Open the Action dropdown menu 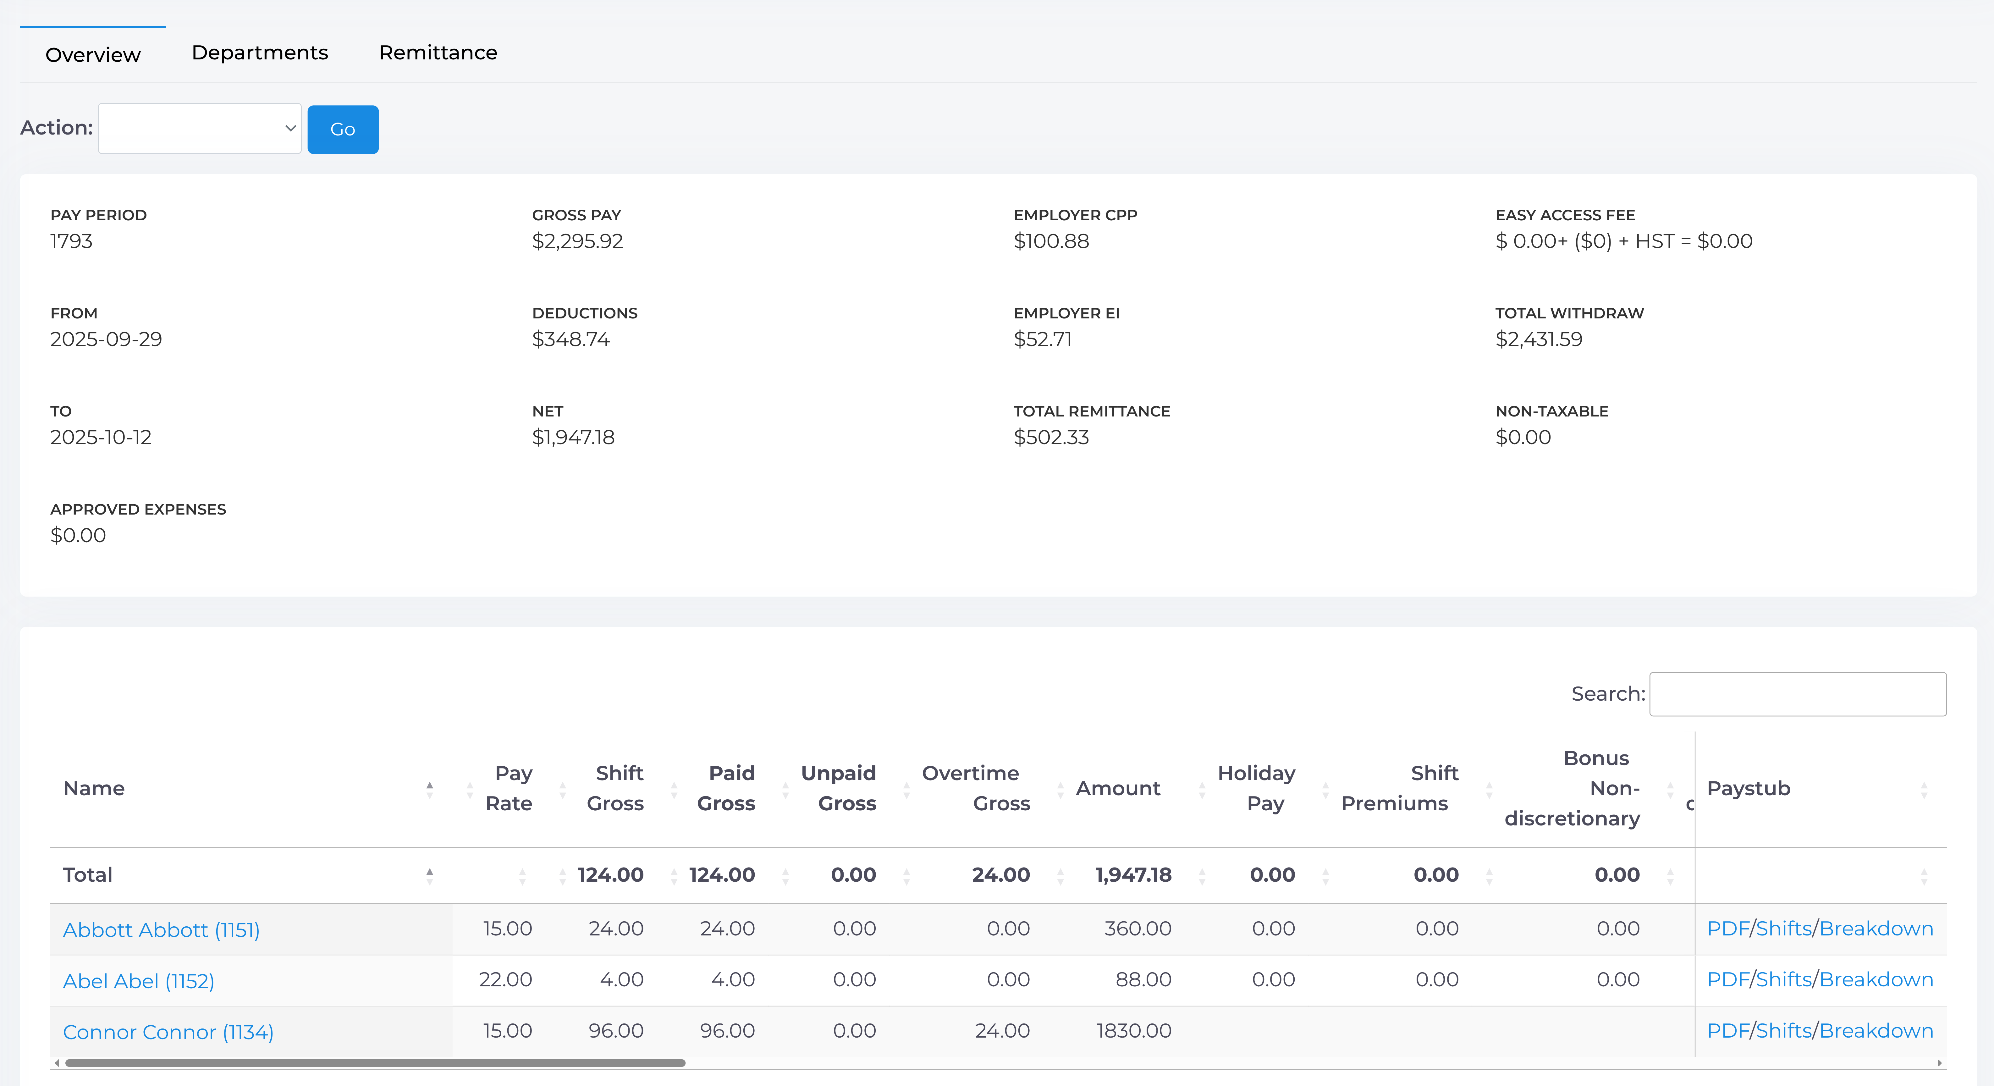(x=200, y=129)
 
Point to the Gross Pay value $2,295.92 (x=577, y=241)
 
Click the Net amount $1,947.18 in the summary (x=573, y=437)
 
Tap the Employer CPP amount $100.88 (x=1051, y=241)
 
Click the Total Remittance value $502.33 (x=1051, y=437)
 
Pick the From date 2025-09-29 (x=106, y=339)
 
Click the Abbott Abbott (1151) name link (x=161, y=930)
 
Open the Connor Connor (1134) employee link (x=168, y=1032)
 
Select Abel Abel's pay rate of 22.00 (x=505, y=980)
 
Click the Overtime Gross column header (x=975, y=788)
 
